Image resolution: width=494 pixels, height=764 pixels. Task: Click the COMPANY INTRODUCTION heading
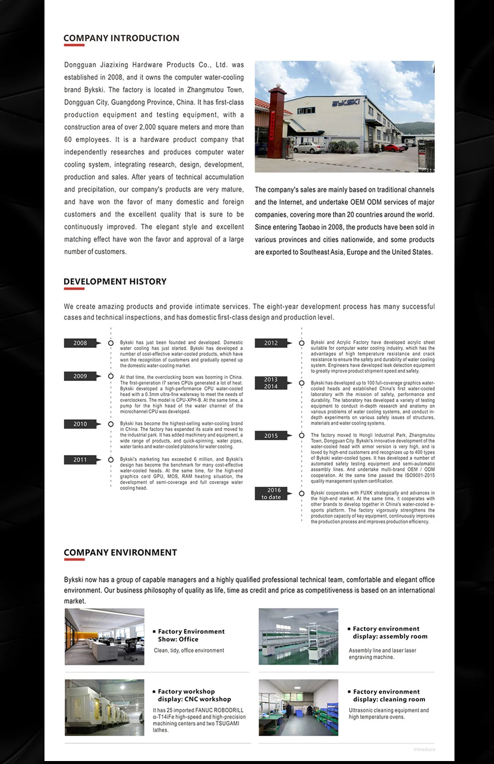[x=121, y=38]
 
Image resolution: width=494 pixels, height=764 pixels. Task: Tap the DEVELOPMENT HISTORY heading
[x=115, y=281]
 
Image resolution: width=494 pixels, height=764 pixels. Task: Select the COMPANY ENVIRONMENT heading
[x=120, y=553]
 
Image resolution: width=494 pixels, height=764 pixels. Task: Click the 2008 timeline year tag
[x=81, y=343]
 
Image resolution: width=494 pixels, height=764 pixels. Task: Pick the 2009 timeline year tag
[x=81, y=376]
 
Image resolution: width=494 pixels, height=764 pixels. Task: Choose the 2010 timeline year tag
[x=81, y=424]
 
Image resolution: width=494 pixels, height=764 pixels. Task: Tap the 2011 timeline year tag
[x=81, y=460]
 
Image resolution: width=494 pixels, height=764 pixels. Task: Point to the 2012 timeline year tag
[x=271, y=343]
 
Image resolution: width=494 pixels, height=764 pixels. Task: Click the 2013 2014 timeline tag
[x=271, y=383]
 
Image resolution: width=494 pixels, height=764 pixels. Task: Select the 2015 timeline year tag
[x=271, y=436]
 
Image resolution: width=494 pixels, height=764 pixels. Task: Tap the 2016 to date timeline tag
[x=271, y=493]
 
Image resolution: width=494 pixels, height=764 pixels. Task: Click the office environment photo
[x=105, y=637]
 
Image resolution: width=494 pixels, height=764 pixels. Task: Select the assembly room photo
[x=298, y=637]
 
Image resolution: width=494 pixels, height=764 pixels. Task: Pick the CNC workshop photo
[x=105, y=707]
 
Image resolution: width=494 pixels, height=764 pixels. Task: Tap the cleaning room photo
[x=298, y=707]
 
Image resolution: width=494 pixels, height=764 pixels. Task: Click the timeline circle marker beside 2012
[x=301, y=343]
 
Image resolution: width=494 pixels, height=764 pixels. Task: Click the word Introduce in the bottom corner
[x=424, y=749]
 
